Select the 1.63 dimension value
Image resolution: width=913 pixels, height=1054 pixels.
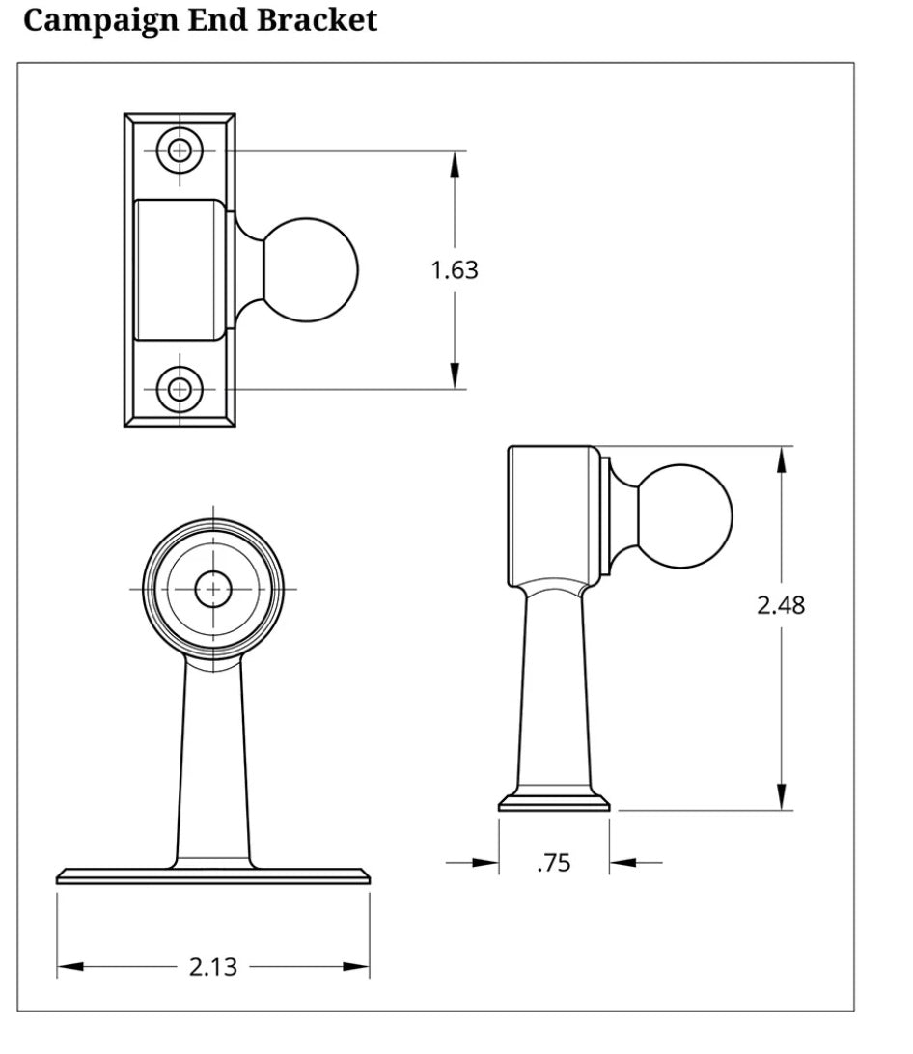coord(454,270)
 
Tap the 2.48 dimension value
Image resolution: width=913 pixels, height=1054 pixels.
coord(780,605)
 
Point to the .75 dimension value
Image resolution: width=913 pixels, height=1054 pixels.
coord(553,863)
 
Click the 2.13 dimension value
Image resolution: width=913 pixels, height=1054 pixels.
coord(212,967)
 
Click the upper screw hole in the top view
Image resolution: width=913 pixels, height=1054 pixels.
coord(180,150)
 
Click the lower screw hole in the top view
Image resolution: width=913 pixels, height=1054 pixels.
coord(180,389)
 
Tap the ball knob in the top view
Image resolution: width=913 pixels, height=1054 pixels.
coord(310,269)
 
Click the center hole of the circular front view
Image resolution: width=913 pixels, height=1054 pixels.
coord(212,589)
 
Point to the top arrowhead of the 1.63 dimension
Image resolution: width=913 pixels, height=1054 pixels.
coord(455,164)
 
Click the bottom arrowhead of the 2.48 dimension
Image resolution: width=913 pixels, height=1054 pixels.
coord(781,796)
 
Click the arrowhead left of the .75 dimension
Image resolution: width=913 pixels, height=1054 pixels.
coord(486,862)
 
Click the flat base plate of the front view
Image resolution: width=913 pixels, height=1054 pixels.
coord(212,875)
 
